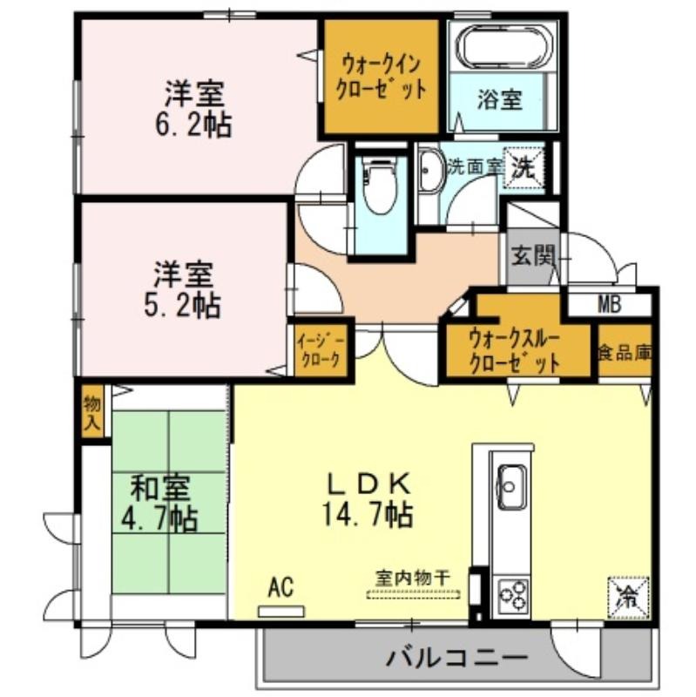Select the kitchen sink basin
pos(511,486)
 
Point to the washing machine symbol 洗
pos(524,168)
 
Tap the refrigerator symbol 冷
pos(628,598)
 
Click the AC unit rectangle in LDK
pos(281,612)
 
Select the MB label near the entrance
pos(609,306)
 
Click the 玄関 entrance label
pos(533,255)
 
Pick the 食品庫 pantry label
pos(625,353)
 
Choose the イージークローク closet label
pos(321,350)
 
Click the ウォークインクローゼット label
pos(382,78)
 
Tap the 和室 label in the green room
pos(160,488)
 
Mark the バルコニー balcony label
pos(457,658)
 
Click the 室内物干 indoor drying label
pos(413,579)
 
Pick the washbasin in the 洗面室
pos(431,170)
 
